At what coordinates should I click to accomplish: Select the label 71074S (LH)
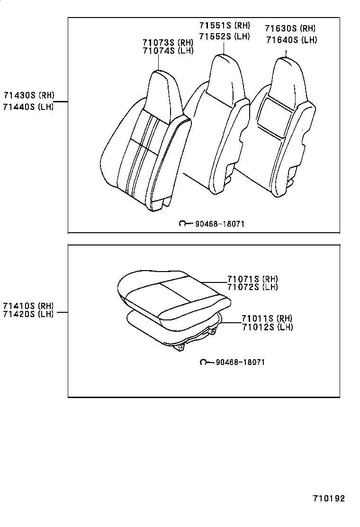168,51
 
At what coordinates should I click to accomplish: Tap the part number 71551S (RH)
225,26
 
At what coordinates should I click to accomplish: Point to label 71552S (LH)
225,36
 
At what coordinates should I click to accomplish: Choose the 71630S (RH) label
290,28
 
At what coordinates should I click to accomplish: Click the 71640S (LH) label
290,40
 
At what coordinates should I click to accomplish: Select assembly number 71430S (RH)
28,95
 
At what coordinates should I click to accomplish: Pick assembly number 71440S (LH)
28,107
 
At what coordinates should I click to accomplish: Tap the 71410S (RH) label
28,306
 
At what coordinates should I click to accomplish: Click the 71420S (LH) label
28,314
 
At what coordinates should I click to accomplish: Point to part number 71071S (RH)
252,279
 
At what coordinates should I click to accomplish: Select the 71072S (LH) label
252,287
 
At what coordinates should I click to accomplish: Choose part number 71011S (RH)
267,318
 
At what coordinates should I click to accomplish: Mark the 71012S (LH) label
267,327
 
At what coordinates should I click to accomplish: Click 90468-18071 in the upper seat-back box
219,224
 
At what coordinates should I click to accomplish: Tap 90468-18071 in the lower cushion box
240,362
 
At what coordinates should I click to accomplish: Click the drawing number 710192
328,499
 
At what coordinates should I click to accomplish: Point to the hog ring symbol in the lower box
204,362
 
